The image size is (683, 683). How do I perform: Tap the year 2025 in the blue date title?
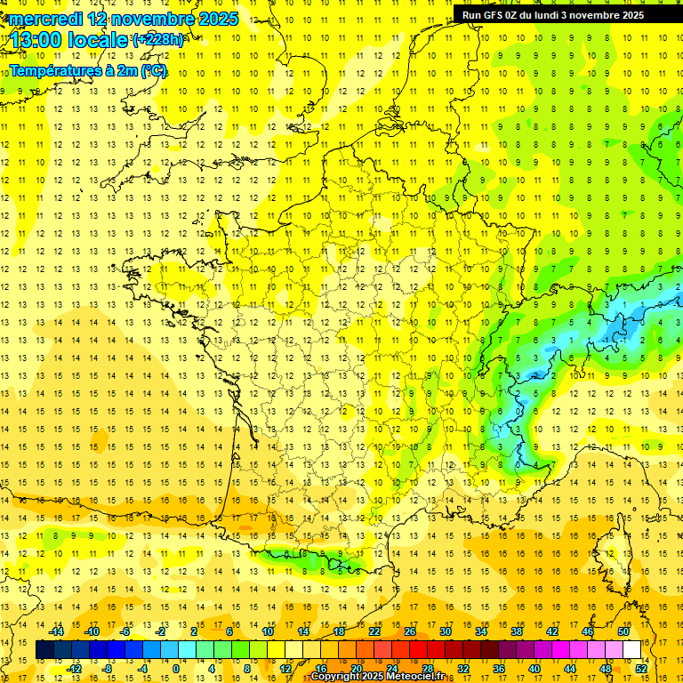coord(217,19)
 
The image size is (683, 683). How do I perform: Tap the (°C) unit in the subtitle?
coord(154,70)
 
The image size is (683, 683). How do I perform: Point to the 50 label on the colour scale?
coord(623,631)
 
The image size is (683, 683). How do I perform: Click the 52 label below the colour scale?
coord(641,668)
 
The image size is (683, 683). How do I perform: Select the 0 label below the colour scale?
coord(175,668)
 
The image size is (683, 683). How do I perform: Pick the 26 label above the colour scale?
coord(410,631)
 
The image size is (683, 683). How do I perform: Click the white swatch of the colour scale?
coord(632,650)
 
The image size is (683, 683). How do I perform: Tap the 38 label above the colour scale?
coord(517,631)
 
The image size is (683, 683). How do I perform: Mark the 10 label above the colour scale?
coord(268,631)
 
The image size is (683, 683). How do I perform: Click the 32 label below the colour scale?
coord(463,668)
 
